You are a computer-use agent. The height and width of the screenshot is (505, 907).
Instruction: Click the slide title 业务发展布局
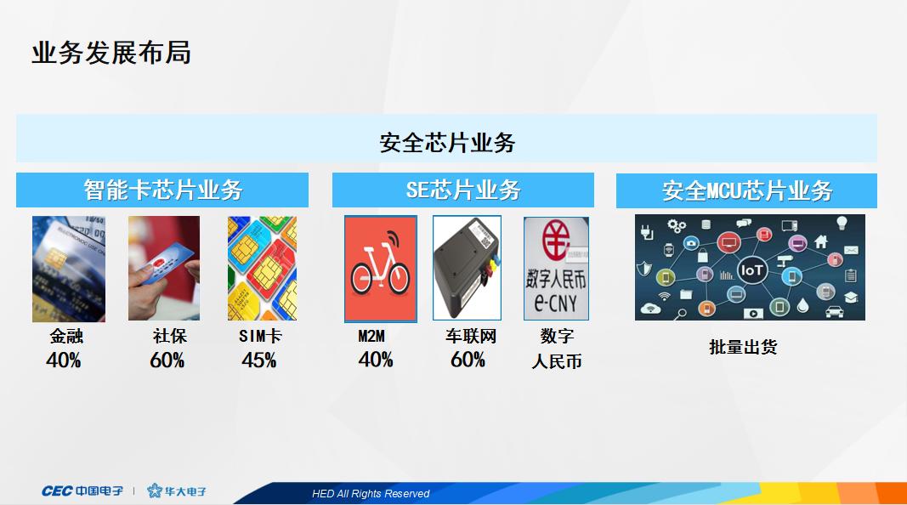[x=111, y=53]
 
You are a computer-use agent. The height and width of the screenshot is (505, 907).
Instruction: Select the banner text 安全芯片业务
[x=447, y=142]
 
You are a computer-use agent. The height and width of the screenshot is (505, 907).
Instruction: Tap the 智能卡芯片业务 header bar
[x=162, y=190]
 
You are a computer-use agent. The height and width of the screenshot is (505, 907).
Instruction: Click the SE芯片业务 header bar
[x=463, y=190]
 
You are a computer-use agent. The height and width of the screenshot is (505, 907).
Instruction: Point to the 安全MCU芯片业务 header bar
[x=746, y=190]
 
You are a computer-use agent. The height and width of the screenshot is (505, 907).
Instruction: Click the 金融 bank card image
[x=69, y=269]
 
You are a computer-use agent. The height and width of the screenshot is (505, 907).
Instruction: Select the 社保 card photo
[x=164, y=268]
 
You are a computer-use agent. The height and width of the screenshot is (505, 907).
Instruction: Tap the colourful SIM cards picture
[x=262, y=268]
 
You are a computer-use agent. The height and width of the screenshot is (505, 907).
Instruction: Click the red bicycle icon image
[x=380, y=269]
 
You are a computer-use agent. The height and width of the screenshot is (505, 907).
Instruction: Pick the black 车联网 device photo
[x=467, y=269]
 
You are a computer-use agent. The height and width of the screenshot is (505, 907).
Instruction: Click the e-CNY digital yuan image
[x=556, y=269]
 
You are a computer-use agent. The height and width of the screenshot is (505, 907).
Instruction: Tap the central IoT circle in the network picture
[x=752, y=271]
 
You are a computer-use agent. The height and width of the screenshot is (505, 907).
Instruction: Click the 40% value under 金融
[x=64, y=360]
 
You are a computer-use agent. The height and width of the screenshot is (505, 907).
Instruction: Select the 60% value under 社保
[x=167, y=360]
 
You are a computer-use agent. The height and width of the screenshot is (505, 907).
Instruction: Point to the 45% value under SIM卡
[x=259, y=360]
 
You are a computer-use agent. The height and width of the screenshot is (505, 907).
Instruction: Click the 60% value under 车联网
[x=468, y=360]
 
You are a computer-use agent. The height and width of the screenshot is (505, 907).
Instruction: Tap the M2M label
[x=371, y=337]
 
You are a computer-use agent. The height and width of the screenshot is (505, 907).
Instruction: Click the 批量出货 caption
[x=743, y=347]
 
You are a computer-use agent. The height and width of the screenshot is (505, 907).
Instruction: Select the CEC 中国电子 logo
[x=82, y=491]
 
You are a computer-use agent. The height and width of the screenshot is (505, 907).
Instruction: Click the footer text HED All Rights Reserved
[x=371, y=494]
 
